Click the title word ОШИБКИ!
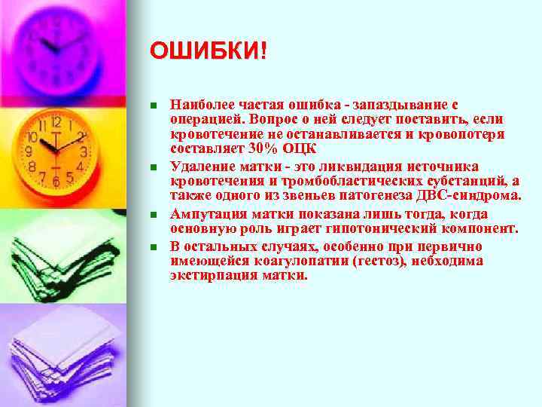pyautogui.click(x=208, y=51)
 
